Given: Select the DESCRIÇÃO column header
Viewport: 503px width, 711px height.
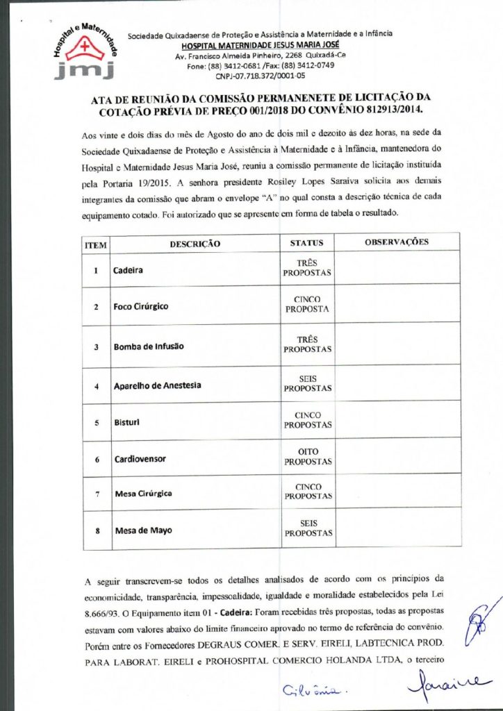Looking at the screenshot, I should click(195, 244).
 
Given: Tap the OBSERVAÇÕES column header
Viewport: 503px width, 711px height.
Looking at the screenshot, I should click(396, 242).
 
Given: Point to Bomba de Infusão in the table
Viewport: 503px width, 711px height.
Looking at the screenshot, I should click(148, 346).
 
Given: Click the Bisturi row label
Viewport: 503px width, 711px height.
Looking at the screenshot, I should click(123, 421).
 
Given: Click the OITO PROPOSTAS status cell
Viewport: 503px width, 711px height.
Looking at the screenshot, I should click(307, 455).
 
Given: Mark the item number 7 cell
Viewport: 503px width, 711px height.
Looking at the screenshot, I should click(97, 494).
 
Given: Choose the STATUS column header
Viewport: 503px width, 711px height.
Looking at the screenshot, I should click(306, 243).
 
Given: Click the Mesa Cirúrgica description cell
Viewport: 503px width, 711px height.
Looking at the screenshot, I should click(142, 493).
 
